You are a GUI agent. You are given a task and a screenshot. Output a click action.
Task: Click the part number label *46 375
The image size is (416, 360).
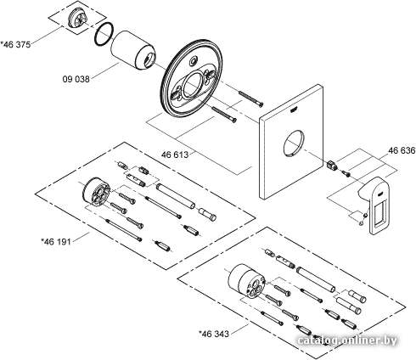click(x=15, y=44)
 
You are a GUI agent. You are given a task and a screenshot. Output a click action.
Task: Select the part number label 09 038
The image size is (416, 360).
click(x=76, y=79)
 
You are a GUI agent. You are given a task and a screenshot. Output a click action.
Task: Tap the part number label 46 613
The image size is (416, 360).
click(x=175, y=155)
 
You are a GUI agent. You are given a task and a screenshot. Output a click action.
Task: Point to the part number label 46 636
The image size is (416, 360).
click(x=402, y=150)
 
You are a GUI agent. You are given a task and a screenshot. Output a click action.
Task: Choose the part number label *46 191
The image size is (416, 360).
click(x=56, y=241)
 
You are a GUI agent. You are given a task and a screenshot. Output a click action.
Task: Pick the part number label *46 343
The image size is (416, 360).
click(x=214, y=334)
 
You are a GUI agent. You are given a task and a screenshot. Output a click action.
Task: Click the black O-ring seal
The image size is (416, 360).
click(x=104, y=34)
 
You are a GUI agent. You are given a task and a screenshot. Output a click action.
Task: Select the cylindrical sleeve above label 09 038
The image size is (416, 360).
click(x=133, y=50)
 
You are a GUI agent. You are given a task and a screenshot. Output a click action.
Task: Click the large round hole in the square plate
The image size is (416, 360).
click(x=294, y=143)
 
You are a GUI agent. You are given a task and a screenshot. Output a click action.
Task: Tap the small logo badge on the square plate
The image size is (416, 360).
click(x=294, y=109)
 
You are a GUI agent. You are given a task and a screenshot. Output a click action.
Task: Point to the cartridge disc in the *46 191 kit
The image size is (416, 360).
click(x=96, y=194)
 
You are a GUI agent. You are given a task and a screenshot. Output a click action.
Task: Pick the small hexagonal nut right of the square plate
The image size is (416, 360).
click(x=331, y=165)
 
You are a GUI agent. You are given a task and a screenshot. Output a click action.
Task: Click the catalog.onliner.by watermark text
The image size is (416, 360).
click(x=347, y=340)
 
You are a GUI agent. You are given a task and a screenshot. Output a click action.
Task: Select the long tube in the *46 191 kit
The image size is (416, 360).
click(x=176, y=196)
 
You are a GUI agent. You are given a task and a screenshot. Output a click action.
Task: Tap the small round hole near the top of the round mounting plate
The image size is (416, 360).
click(x=194, y=60)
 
